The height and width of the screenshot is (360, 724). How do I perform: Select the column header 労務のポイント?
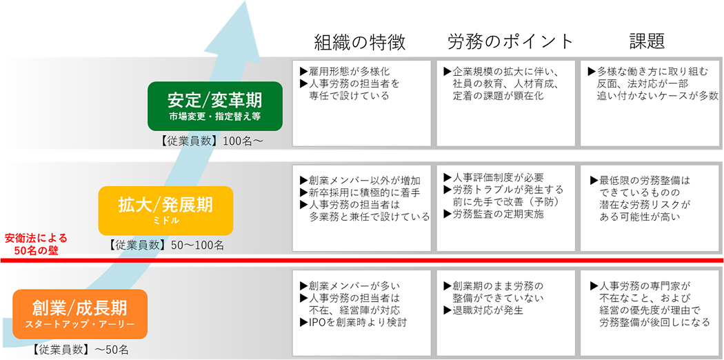[510, 42]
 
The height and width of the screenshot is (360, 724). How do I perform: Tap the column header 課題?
[647, 42]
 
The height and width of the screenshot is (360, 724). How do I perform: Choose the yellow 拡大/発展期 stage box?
[165, 210]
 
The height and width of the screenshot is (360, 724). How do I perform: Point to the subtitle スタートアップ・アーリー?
[80, 324]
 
